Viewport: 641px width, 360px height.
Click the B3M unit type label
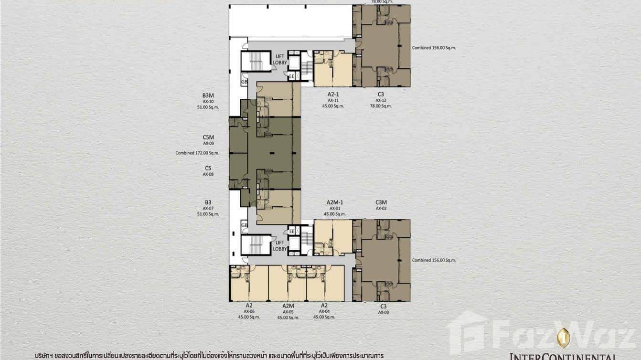pos(208,95)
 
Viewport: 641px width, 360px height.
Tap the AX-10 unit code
pos(208,101)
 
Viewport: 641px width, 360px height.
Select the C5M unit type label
pos(208,138)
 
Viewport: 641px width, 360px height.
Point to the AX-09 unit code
pos(208,143)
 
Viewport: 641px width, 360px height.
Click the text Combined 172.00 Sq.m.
pos(197,153)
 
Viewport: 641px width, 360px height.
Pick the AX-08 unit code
pos(208,174)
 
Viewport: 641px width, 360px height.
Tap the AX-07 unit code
pos(208,208)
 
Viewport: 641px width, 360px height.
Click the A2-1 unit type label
pos(333,95)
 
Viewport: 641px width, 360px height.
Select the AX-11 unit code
pos(333,100)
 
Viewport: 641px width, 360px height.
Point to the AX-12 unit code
pos(380,100)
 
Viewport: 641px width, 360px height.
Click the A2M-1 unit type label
pos(335,202)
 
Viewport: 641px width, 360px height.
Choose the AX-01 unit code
pos(335,208)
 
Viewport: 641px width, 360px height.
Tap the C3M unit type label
pos(381,202)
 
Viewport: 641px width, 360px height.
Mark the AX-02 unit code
pos(381,208)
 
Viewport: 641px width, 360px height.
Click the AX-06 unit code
pos(249,311)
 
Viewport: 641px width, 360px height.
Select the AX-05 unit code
pos(288,311)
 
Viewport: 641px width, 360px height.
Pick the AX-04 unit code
pos(324,311)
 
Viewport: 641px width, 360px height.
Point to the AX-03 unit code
pos(383,312)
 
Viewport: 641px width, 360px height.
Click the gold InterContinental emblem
pos(564,338)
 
